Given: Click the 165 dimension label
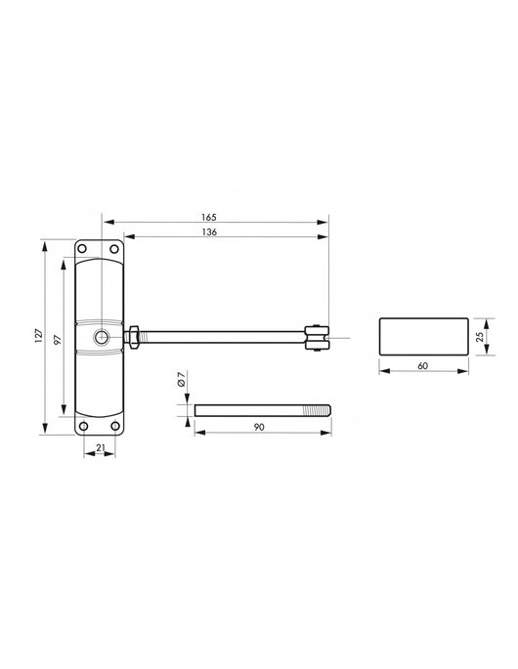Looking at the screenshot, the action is point(209,217).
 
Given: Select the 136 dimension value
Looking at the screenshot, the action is point(209,232).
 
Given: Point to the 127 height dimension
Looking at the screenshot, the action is point(38,335).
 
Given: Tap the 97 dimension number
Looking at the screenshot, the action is point(58,340).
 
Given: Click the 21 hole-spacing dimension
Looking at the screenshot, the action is point(100,447).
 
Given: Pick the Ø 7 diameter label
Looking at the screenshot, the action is point(181,379).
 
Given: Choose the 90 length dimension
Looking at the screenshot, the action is point(259,427).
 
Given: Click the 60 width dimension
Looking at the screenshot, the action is point(423,365).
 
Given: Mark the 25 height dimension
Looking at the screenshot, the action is point(480,337).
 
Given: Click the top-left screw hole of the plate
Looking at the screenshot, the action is point(82,249).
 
